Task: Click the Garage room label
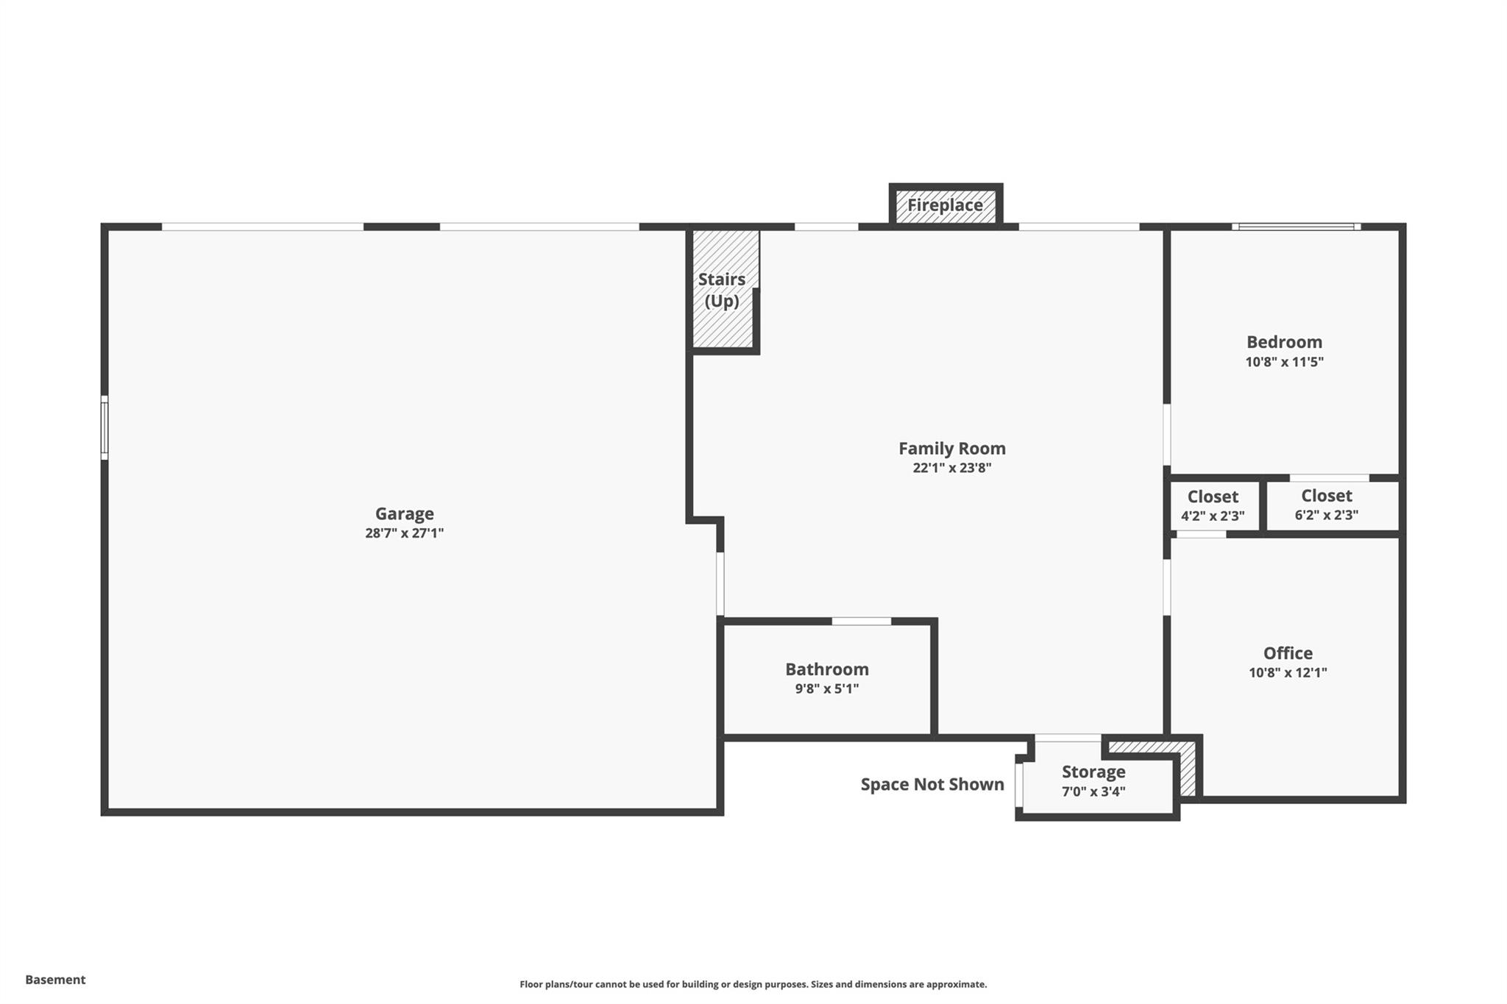pyautogui.click(x=404, y=513)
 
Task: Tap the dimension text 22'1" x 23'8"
pyautogui.click(x=951, y=468)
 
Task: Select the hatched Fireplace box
pyautogui.click(x=945, y=205)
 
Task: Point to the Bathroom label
pyautogui.click(x=826, y=669)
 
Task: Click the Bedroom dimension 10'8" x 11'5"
pyautogui.click(x=1284, y=362)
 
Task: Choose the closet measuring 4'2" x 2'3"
pyautogui.click(x=1213, y=505)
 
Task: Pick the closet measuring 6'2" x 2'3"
pyautogui.click(x=1326, y=505)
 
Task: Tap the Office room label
pyautogui.click(x=1288, y=653)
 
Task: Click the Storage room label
pyautogui.click(x=1093, y=772)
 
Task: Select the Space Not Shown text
pyautogui.click(x=932, y=784)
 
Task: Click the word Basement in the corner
pyautogui.click(x=55, y=980)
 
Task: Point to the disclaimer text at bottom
pyautogui.click(x=753, y=984)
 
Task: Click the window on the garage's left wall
pyautogui.click(x=104, y=428)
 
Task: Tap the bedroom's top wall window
pyautogui.click(x=1297, y=227)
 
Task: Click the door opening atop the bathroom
pyautogui.click(x=861, y=622)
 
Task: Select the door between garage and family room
pyautogui.click(x=720, y=584)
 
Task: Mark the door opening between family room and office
pyautogui.click(x=1166, y=588)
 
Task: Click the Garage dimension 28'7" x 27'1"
pyautogui.click(x=404, y=533)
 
